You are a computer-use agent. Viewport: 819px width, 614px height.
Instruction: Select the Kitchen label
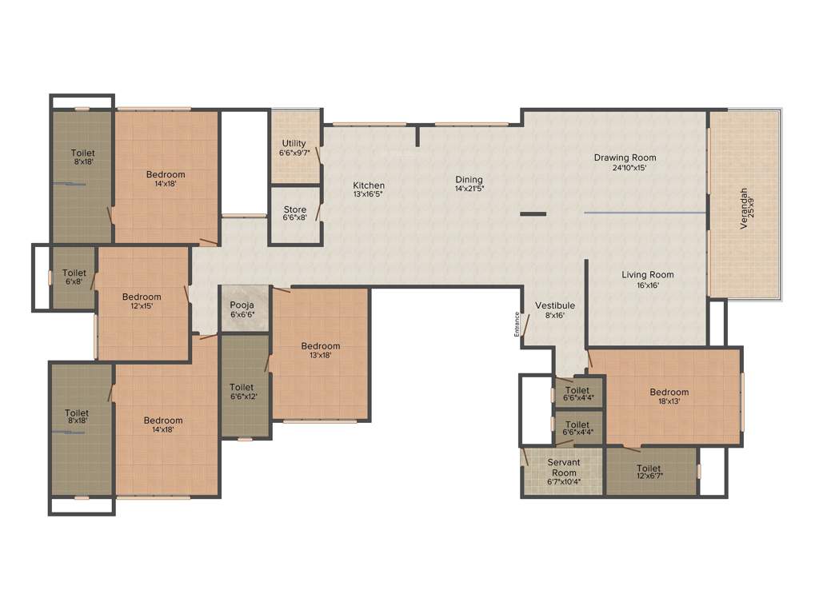click(369, 185)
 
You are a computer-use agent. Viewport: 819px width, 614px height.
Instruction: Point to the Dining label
click(469, 180)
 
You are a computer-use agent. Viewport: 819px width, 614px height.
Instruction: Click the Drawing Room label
click(625, 157)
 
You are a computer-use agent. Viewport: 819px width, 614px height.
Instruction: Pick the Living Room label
click(648, 275)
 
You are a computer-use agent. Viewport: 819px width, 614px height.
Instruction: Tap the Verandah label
click(745, 208)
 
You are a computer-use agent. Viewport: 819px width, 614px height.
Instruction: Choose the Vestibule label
click(555, 305)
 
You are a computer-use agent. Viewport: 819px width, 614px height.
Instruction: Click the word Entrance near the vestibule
click(517, 325)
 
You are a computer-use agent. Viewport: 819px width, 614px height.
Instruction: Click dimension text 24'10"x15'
click(625, 168)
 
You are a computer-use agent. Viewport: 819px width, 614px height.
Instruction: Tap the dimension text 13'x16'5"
click(369, 194)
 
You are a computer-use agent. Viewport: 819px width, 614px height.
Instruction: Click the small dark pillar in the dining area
click(533, 213)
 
